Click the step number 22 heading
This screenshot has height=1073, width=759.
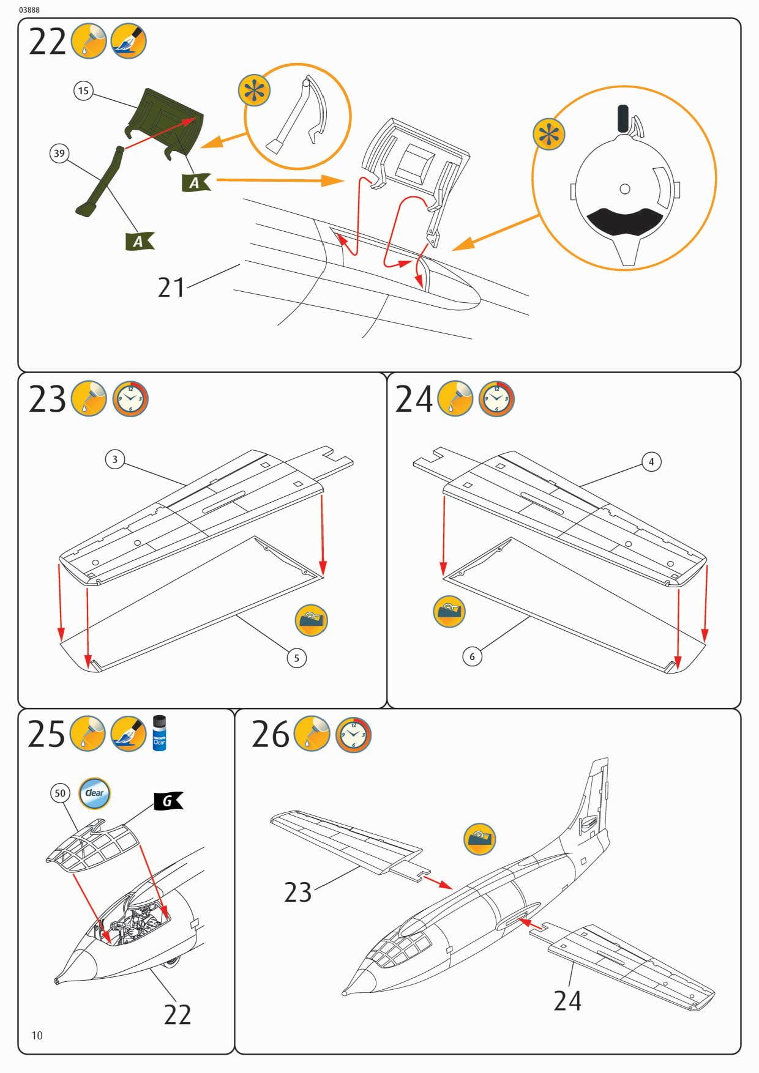[47, 42]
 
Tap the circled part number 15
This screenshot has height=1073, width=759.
[83, 91]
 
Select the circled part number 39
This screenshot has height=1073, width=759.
[59, 153]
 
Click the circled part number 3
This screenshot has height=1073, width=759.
[114, 459]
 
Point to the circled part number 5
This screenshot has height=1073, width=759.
[297, 658]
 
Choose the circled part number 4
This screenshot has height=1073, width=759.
[651, 462]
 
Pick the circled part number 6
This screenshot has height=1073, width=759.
[472, 656]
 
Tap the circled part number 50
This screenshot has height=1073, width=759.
[59, 793]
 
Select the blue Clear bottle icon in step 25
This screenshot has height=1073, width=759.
[159, 733]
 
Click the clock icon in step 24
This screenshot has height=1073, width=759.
[496, 399]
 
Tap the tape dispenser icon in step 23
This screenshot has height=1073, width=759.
[312, 620]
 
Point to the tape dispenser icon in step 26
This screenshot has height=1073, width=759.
[479, 839]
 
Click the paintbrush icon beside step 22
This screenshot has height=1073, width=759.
[129, 42]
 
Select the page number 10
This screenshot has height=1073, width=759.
[37, 1035]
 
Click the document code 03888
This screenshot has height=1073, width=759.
[29, 10]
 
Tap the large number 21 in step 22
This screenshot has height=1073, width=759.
[171, 288]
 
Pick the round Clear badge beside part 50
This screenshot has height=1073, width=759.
[94, 793]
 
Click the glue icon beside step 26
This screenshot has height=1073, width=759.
[312, 734]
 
